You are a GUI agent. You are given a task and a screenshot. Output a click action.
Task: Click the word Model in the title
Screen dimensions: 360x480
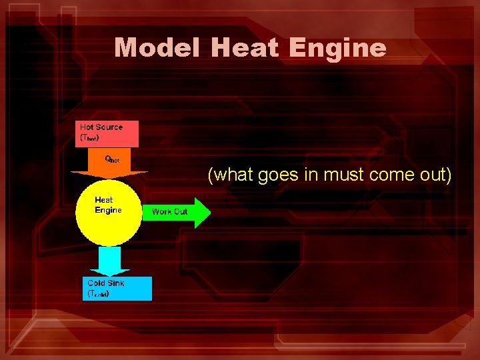(x=157, y=47)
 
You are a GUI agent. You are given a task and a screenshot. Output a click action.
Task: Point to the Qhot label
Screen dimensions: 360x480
(x=112, y=159)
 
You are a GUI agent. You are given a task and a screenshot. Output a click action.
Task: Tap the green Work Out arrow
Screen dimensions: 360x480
(x=177, y=212)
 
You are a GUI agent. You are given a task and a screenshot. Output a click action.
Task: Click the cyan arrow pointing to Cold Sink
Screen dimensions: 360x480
(x=109, y=261)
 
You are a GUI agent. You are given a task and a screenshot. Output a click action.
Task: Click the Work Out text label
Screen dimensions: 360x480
(x=169, y=212)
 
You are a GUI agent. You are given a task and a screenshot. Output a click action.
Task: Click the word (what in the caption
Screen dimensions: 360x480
(x=229, y=175)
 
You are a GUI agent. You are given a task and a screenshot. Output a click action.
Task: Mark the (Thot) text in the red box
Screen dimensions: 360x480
(x=90, y=138)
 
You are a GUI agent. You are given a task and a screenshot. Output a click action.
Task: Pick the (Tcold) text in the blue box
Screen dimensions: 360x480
(x=98, y=293)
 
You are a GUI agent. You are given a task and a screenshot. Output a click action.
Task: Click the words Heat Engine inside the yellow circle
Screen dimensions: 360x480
(x=107, y=205)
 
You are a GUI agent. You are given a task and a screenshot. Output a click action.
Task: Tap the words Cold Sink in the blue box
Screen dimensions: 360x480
(x=105, y=283)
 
